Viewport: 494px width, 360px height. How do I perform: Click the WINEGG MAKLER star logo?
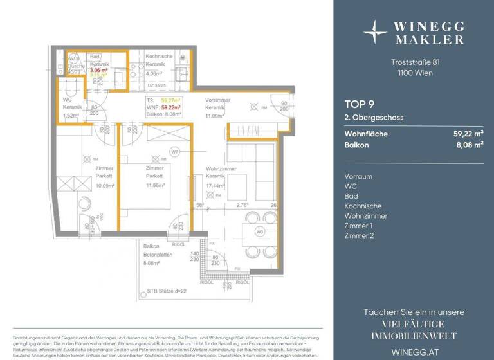coord(375,31)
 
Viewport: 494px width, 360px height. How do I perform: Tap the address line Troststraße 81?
coord(415,62)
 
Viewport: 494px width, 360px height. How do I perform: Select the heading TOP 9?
coord(359,103)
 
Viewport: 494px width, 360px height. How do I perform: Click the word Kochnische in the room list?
coord(363,206)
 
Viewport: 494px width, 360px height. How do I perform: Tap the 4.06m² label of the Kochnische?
coord(154,73)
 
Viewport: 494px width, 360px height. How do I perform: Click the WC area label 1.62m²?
coord(71,116)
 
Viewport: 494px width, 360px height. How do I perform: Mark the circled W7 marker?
coord(174,152)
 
